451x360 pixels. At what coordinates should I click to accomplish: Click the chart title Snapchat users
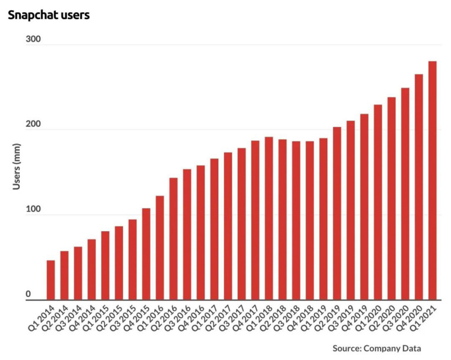[48, 15]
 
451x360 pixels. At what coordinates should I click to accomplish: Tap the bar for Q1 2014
[51, 280]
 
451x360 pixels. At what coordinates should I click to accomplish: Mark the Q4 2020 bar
[419, 187]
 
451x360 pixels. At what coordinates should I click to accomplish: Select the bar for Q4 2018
[310, 221]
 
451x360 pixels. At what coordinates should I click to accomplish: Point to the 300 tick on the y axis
[33, 40]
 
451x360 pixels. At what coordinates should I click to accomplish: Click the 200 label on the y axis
[33, 126]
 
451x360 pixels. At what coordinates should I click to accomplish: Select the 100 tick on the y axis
[33, 211]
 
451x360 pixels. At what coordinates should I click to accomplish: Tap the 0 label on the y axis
[28, 296]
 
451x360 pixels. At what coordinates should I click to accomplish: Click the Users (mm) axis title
[16, 171]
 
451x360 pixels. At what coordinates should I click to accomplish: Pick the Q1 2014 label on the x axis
[41, 317]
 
